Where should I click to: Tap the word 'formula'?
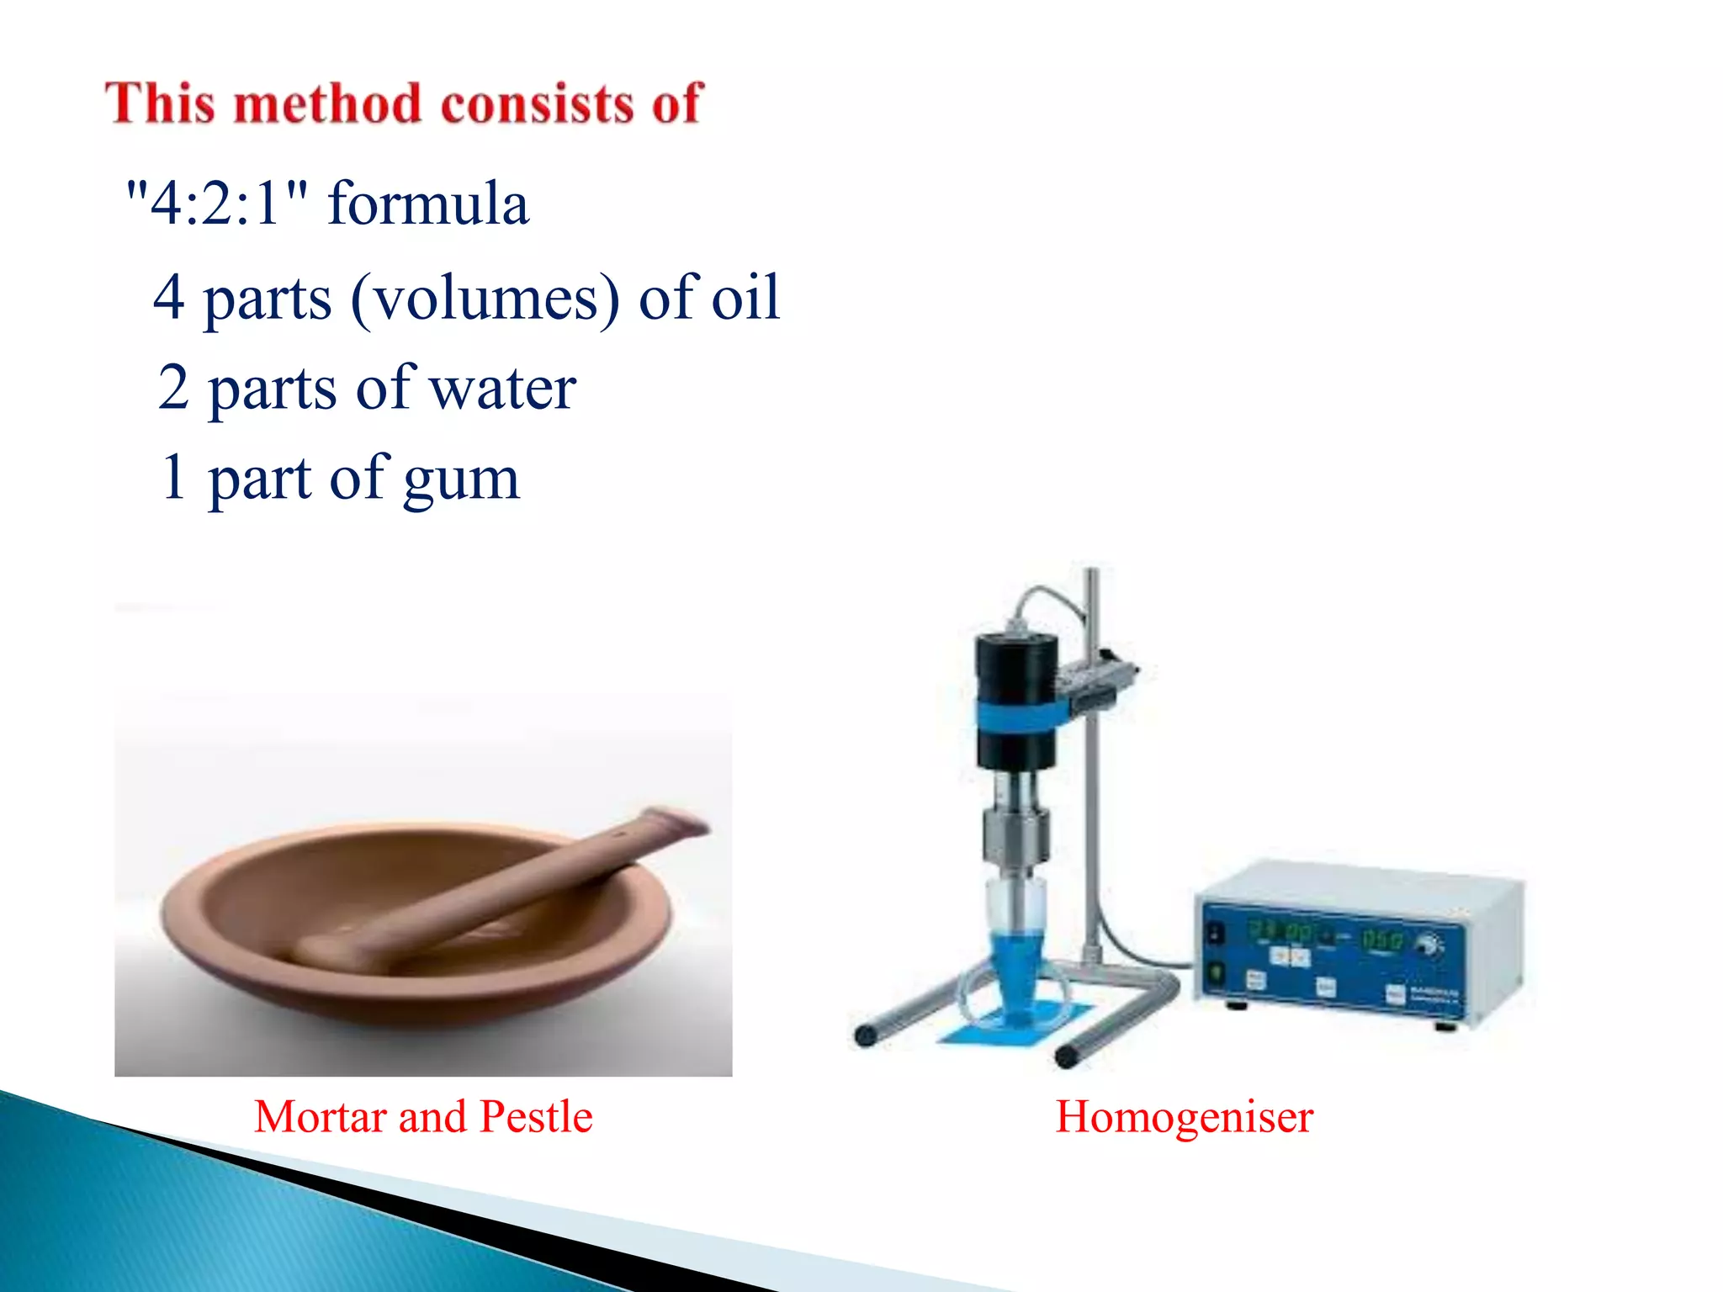(428, 204)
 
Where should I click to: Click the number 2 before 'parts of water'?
(173, 388)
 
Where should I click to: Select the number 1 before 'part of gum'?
(173, 477)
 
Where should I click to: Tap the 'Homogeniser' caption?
(1184, 1117)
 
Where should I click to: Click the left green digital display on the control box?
(1279, 932)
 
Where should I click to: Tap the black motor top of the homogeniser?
(1016, 665)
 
